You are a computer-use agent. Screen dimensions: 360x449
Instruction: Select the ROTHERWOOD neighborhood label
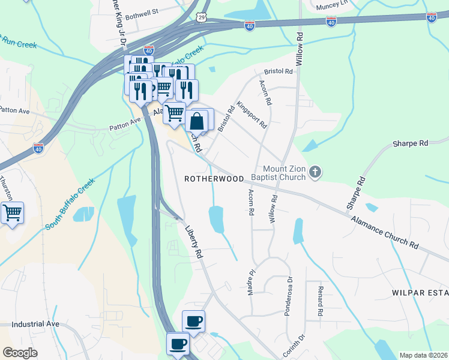[214, 179]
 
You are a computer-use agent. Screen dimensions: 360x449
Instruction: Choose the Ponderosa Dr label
[289, 295]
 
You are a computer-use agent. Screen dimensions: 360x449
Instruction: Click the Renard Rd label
[321, 302]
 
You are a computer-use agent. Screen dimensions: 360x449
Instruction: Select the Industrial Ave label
[35, 323]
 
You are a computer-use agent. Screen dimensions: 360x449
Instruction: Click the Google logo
[20, 353]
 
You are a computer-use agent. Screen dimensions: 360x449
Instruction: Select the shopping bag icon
[197, 122]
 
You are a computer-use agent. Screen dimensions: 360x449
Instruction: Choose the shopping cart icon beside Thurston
[12, 213]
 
